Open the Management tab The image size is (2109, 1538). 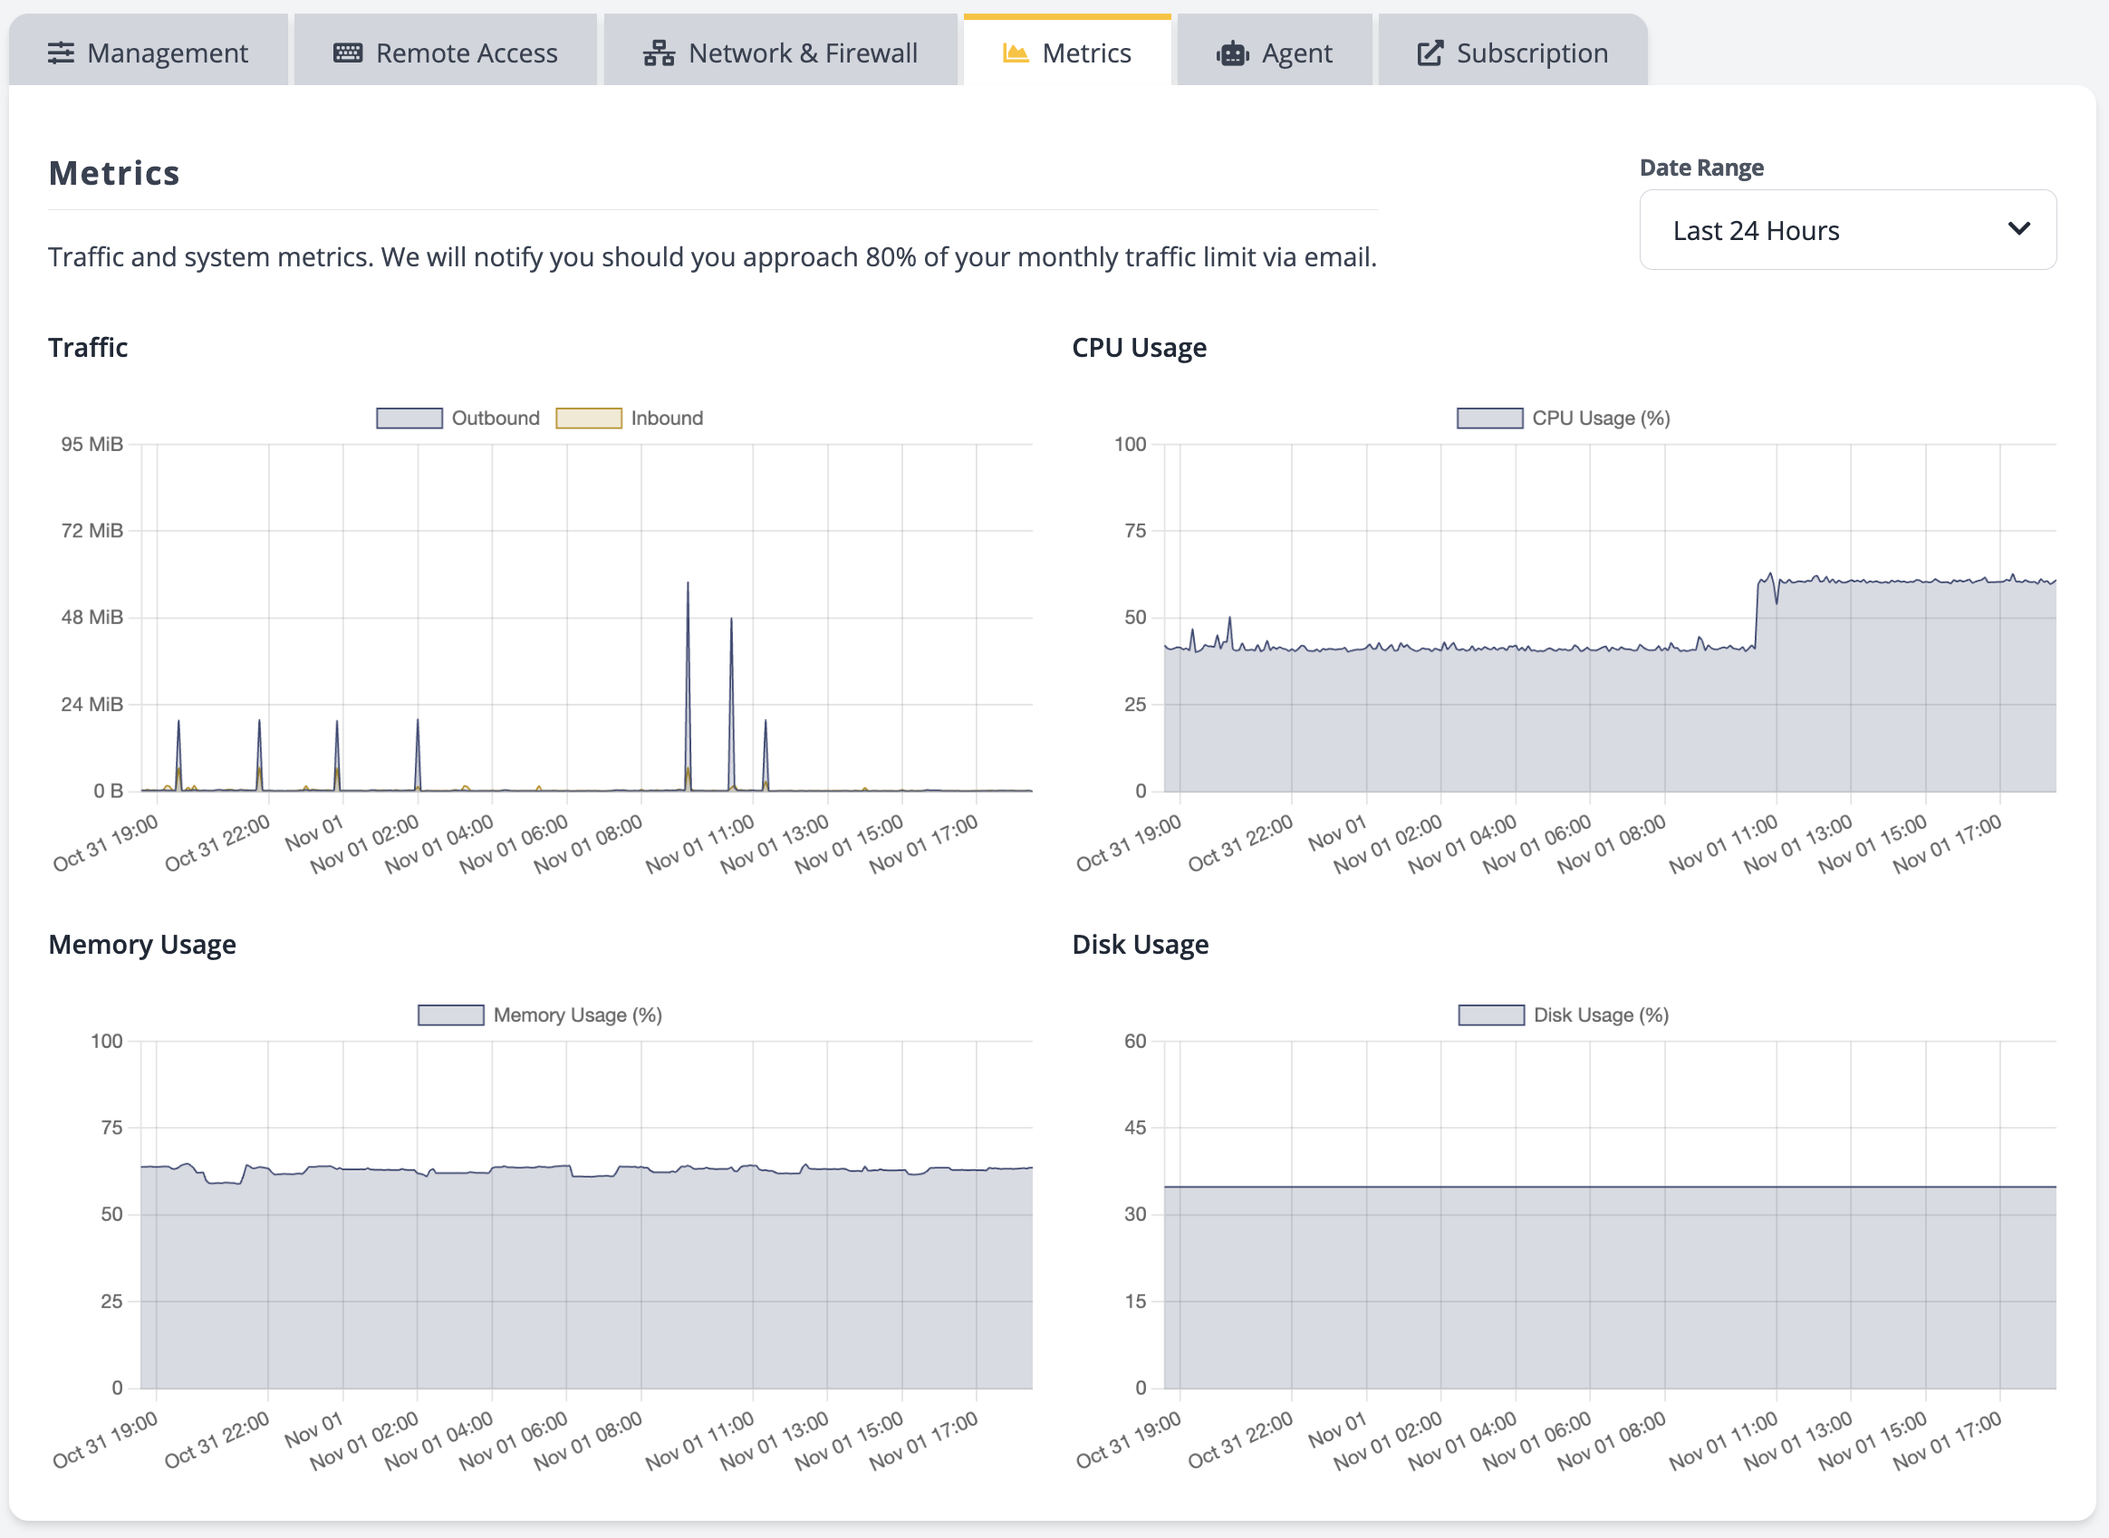148,53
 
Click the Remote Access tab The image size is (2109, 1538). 445,53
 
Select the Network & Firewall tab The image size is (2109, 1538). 780,53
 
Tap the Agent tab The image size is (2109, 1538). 1274,53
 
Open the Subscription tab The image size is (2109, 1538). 1512,53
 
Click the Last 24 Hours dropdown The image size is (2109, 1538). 1847,230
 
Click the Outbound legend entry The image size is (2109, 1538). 458,418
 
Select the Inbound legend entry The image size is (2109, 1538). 630,418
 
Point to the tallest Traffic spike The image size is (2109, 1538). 689,584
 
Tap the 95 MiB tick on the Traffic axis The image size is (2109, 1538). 91,444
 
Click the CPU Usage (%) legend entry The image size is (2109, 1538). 1564,418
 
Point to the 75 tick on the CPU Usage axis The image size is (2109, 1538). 1135,531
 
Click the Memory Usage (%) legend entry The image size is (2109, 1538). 540,1014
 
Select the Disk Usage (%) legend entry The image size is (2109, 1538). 1564,1014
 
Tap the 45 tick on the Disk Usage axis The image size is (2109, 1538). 1135,1128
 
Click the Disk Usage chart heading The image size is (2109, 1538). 1140,944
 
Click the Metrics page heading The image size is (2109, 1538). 113,173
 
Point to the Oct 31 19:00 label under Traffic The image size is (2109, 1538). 105,843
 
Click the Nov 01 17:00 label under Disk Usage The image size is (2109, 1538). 1946,1440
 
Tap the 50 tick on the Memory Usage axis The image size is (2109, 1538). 111,1214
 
